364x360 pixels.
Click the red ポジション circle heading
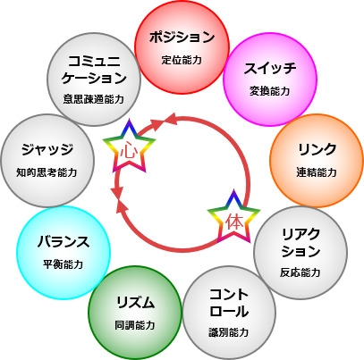tap(182, 38)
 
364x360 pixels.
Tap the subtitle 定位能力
tap(182, 60)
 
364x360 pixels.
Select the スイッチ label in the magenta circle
tap(270, 68)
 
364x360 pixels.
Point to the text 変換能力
tap(270, 91)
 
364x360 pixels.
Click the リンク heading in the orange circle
tap(317, 149)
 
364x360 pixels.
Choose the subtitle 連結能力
tap(317, 172)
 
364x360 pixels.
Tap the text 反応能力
tap(301, 272)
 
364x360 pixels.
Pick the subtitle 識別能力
tap(229, 332)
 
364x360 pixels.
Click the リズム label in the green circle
tap(135, 303)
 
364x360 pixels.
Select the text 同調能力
tap(135, 325)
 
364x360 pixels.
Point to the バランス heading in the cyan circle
tap(63, 241)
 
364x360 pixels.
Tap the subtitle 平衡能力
tap(63, 264)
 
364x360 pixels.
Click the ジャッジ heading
tap(47, 149)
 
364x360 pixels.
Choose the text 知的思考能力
tap(47, 172)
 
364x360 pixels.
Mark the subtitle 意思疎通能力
tap(94, 99)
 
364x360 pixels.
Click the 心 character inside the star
tap(129, 152)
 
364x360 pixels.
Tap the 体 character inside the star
tap(234, 222)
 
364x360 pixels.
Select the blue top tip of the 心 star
tap(130, 120)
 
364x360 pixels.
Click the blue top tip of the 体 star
tap(234, 190)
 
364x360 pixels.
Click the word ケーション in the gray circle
tap(94, 79)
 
